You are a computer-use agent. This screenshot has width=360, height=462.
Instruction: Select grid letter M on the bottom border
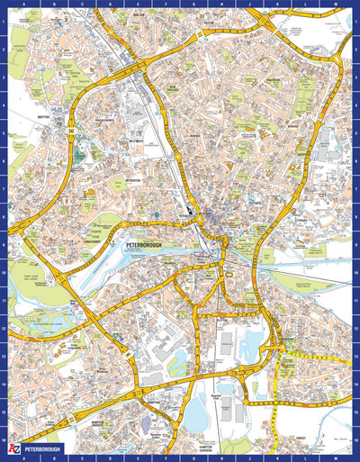[337, 457]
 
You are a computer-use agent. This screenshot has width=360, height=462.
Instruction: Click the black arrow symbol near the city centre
[191, 213]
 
